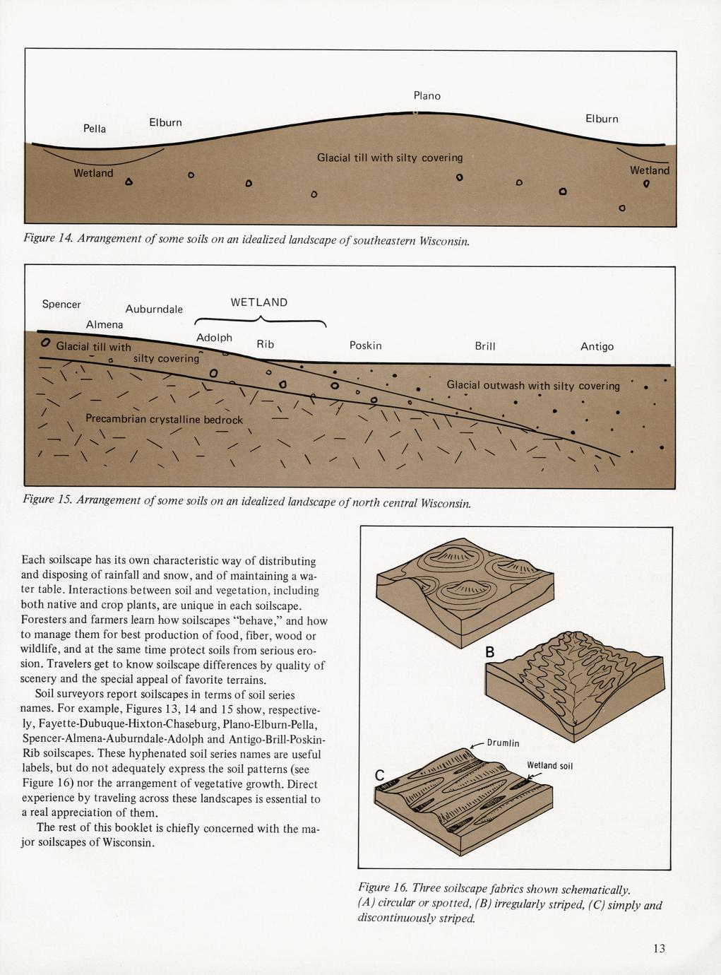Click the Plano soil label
pos(427,95)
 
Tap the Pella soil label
pos(95,129)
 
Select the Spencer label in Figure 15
pos(61,305)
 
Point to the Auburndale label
pos(154,309)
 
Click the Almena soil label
pos(104,324)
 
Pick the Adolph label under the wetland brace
pos(214,338)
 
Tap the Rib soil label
pos(265,344)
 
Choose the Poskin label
pos(365,345)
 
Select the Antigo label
pos(597,347)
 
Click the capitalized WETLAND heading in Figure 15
pos(259,302)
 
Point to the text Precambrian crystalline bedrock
pos(164,419)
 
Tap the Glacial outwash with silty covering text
pos(533,386)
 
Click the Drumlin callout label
pos(503,743)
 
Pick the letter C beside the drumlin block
pos(379,776)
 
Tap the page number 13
pos(658,948)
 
